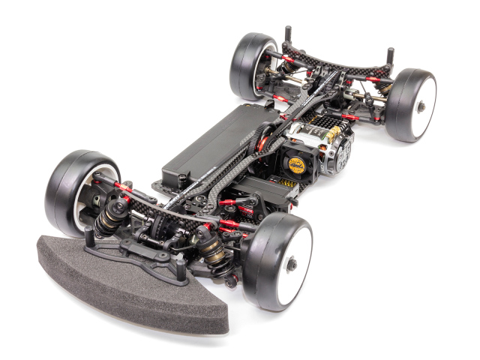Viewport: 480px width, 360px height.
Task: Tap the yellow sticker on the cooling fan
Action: tap(297, 164)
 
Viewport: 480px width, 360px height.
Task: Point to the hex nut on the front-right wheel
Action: tap(291, 264)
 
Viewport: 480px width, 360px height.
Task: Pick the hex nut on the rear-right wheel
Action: tap(421, 106)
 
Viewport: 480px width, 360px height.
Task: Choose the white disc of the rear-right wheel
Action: tap(422, 106)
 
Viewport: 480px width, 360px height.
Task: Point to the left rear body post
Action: tap(288, 37)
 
